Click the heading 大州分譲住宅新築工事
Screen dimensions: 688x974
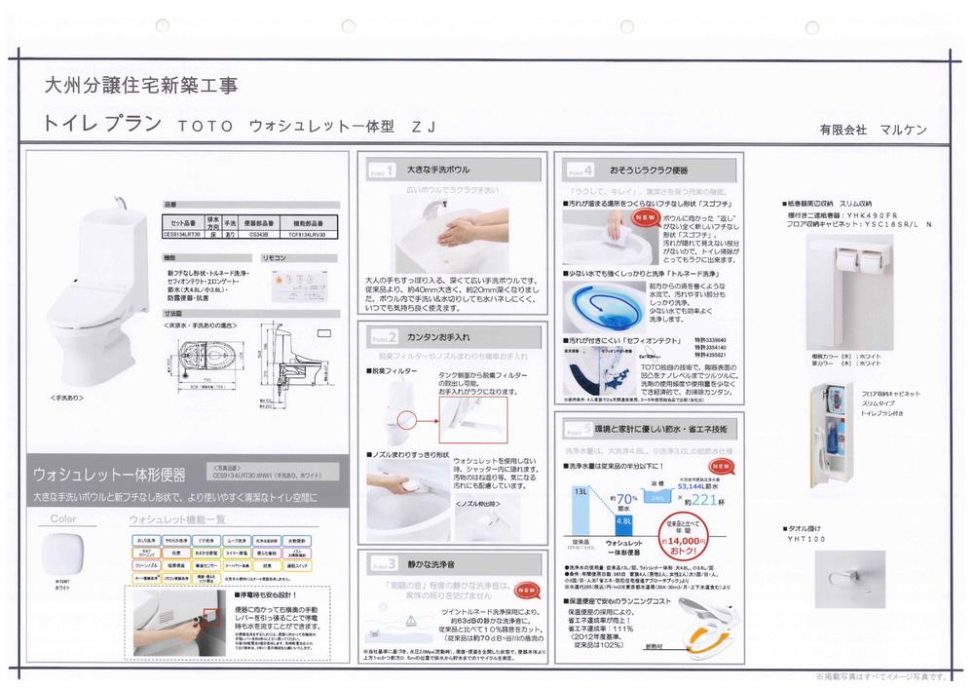pos(139,85)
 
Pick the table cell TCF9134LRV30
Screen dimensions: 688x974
pos(306,234)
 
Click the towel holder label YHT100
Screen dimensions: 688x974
pos(806,539)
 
